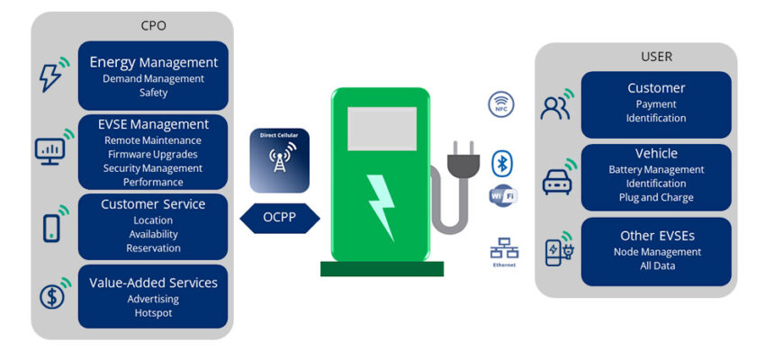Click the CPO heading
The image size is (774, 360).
click(153, 25)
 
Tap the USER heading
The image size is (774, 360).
click(656, 57)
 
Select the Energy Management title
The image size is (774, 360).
click(153, 63)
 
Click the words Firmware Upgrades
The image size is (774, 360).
click(153, 154)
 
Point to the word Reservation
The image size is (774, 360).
click(153, 247)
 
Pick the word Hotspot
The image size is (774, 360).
click(153, 312)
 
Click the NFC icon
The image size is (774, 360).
click(501, 104)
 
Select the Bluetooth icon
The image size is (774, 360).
click(501, 164)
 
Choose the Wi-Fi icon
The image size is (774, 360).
click(501, 196)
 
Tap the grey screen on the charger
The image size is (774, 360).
click(382, 128)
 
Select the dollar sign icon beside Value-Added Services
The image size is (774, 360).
click(50, 296)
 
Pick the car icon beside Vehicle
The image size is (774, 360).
click(557, 181)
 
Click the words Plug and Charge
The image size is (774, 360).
click(656, 197)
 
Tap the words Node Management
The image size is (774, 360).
click(656, 252)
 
